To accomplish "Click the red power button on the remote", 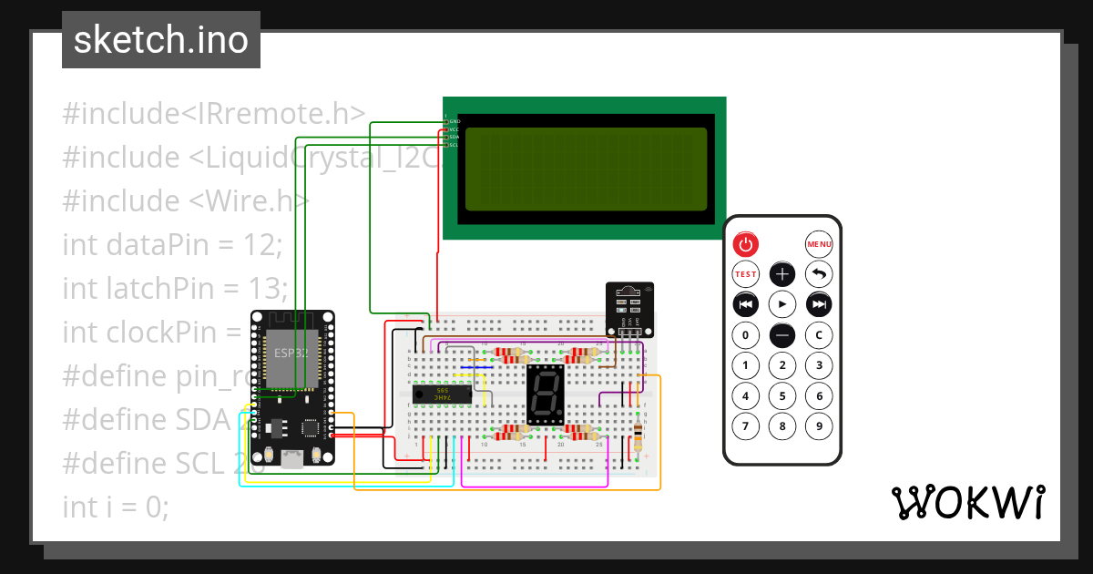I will click(745, 244).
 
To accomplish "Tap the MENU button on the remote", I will click(819, 244).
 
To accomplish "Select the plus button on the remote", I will click(782, 273).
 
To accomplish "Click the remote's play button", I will click(782, 303).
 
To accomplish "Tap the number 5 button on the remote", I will click(782, 396).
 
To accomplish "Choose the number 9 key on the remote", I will click(819, 425).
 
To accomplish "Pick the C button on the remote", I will click(819, 335).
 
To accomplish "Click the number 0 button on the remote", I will click(745, 335).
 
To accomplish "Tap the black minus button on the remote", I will click(782, 335).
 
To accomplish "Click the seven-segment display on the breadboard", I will click(546, 395).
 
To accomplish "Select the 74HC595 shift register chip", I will click(443, 394).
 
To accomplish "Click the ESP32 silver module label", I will click(288, 353).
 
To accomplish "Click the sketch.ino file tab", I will click(161, 40).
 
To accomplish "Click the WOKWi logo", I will click(967, 503).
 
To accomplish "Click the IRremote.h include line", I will click(215, 114).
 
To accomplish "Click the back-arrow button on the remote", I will click(819, 273).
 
